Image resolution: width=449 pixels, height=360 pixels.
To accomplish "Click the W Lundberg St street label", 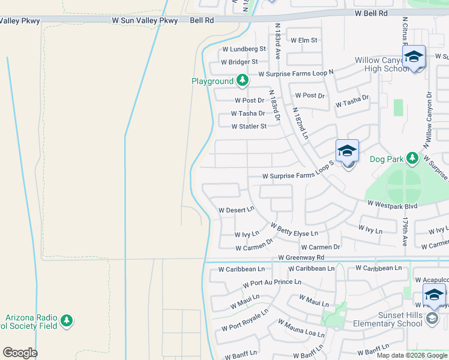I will point(244,49).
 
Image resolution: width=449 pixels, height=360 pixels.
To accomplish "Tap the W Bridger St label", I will point(240,62).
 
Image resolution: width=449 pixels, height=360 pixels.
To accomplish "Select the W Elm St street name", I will point(304,41).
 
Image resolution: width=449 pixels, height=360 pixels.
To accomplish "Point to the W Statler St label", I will point(249,127).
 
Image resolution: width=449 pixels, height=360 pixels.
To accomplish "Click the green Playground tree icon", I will point(242,80).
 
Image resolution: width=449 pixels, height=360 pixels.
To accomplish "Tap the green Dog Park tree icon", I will point(412,158).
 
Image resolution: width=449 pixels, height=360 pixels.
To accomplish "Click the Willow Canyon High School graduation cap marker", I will point(414,58).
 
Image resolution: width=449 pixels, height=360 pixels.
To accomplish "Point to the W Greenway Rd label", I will point(301,257).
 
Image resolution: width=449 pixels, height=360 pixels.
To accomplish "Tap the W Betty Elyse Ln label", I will point(294,230).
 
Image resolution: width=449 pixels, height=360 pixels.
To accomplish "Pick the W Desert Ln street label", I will point(237,211).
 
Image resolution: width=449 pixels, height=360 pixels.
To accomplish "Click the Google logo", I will point(20,353).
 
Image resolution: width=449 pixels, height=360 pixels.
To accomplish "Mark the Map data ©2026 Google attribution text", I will point(412,355).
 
